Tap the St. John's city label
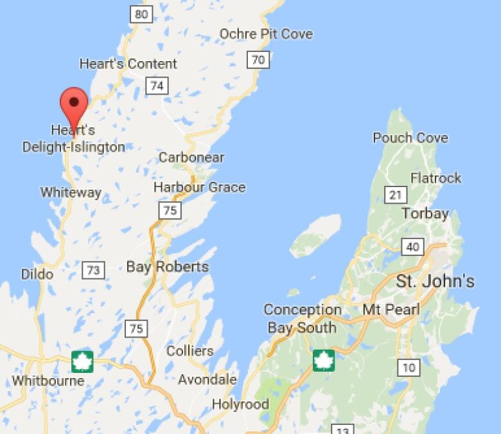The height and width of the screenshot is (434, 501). pyautogui.click(x=435, y=281)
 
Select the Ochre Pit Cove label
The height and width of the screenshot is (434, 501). pyautogui.click(x=266, y=33)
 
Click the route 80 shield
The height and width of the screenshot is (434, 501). pyautogui.click(x=141, y=14)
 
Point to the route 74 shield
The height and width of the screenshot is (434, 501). pyautogui.click(x=157, y=86)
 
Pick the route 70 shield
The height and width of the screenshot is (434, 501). pyautogui.click(x=258, y=60)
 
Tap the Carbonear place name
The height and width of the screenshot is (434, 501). pyautogui.click(x=191, y=158)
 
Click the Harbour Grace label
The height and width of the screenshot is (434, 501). pyautogui.click(x=199, y=187)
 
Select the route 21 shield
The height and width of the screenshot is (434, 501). pyautogui.click(x=394, y=194)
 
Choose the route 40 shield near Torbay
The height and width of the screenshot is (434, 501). pyautogui.click(x=412, y=246)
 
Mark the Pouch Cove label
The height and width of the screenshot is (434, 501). pyautogui.click(x=410, y=138)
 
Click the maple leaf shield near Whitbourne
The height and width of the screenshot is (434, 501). pyautogui.click(x=82, y=361)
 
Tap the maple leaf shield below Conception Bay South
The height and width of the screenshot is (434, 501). pyautogui.click(x=324, y=360)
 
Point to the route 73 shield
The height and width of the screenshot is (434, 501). pyautogui.click(x=94, y=270)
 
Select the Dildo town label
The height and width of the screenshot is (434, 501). pyautogui.click(x=37, y=274)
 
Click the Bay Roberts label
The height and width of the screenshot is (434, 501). pyautogui.click(x=167, y=266)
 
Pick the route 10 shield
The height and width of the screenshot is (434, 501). pyautogui.click(x=409, y=368)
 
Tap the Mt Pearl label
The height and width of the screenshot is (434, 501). pyautogui.click(x=391, y=310)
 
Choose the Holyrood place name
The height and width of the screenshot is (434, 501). pyautogui.click(x=240, y=404)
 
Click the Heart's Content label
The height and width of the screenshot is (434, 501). pyautogui.click(x=128, y=64)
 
